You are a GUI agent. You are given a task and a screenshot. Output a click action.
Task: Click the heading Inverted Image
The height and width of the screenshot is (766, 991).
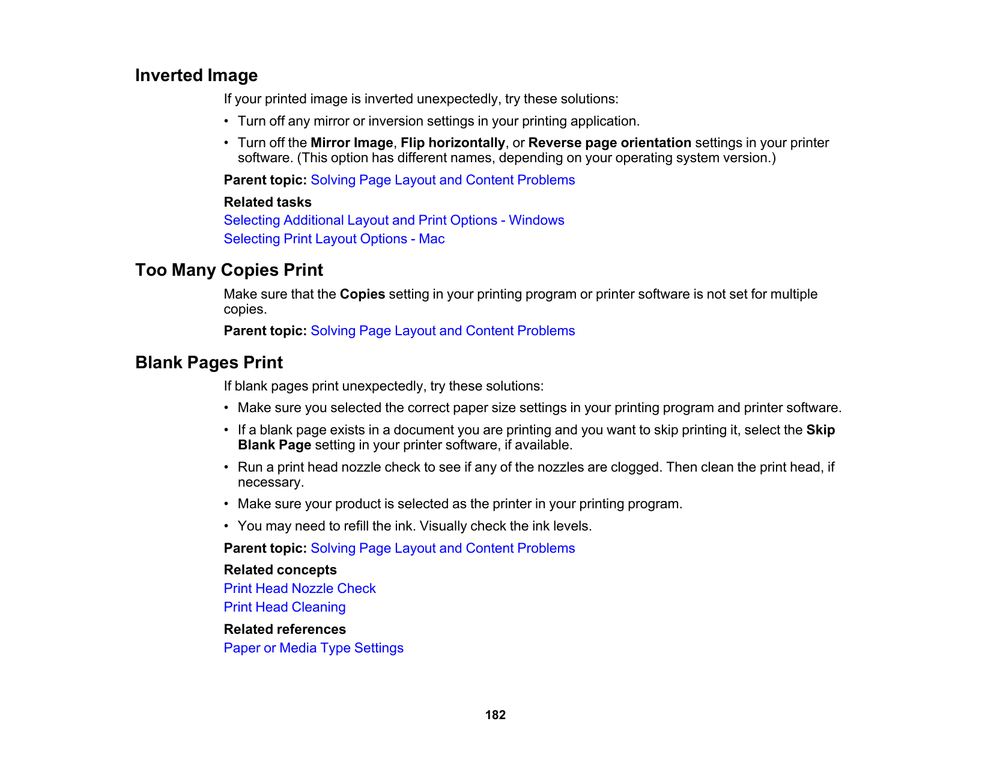coord(196,76)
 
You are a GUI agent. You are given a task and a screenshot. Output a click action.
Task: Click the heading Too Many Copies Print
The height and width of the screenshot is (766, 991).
coord(229,270)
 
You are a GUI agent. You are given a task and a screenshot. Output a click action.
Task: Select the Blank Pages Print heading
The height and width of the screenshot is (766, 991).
coord(209,363)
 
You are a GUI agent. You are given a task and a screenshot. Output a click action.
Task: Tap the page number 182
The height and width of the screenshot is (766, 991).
coord(495,715)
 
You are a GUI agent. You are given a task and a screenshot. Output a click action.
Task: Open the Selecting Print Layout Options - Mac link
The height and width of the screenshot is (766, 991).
coord(334,239)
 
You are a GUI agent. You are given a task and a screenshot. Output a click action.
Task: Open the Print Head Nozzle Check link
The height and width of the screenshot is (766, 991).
coord(300,589)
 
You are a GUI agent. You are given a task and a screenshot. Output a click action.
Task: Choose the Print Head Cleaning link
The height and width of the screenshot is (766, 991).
coord(285,607)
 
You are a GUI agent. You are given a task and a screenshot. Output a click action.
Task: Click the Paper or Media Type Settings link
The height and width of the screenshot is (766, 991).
coord(314,648)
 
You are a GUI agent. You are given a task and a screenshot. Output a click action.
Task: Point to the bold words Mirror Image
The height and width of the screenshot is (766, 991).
coord(351,143)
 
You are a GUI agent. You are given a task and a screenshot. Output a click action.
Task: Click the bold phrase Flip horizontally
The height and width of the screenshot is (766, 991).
coord(452,143)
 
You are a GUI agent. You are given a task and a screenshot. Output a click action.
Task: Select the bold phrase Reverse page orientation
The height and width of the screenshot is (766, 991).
coord(610,143)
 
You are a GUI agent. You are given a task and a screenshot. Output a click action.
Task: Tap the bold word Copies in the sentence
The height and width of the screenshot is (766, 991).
coord(362,294)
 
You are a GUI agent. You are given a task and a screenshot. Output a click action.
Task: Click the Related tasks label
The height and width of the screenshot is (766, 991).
coord(268,202)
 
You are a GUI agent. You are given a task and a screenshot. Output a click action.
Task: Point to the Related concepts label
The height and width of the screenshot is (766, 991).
coord(280,570)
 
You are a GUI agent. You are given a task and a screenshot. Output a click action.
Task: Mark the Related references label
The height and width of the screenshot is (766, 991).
coord(285,630)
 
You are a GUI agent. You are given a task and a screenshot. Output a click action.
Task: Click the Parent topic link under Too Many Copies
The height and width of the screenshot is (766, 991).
coord(443,331)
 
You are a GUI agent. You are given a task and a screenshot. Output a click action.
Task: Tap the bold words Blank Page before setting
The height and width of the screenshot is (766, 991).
coord(274,445)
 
